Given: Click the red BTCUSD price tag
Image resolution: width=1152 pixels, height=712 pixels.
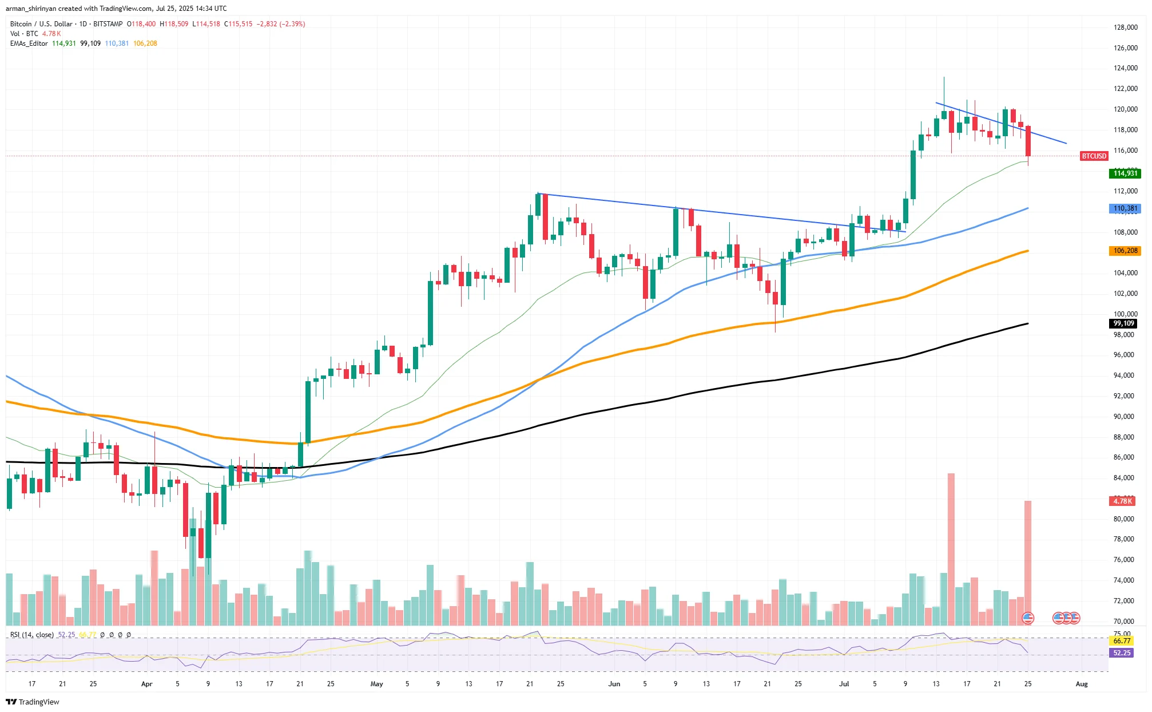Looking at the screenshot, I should pyautogui.click(x=1094, y=156).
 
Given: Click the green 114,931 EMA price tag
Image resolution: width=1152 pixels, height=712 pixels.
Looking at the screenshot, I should pyautogui.click(x=1125, y=173).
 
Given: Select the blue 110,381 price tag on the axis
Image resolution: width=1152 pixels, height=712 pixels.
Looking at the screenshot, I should pyautogui.click(x=1125, y=209).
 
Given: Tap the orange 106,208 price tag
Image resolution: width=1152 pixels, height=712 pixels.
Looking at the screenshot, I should pyautogui.click(x=1125, y=251).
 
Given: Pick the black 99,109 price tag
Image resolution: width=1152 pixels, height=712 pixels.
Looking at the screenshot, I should pyautogui.click(x=1123, y=323).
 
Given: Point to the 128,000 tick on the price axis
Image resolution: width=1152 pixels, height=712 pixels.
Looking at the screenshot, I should pyautogui.click(x=1125, y=27).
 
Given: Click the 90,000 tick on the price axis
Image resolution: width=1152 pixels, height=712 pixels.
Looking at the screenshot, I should pyautogui.click(x=1123, y=417).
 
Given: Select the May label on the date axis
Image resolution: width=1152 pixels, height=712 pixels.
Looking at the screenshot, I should pyautogui.click(x=376, y=684).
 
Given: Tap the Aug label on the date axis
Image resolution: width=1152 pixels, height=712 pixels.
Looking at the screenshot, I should pyautogui.click(x=1081, y=684).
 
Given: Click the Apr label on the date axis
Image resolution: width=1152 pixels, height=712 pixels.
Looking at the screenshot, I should pyautogui.click(x=146, y=684).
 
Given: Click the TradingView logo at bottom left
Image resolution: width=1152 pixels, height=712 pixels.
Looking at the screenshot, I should pyautogui.click(x=33, y=702).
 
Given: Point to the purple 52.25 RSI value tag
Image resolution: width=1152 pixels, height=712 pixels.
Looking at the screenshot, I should pyautogui.click(x=1122, y=653).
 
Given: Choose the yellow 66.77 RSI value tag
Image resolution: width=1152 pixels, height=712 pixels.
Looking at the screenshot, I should pyautogui.click(x=1122, y=641).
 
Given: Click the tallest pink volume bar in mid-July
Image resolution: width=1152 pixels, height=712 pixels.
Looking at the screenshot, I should pyautogui.click(x=951, y=549).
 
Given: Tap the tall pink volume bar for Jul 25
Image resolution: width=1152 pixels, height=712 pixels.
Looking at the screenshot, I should pyautogui.click(x=1028, y=561).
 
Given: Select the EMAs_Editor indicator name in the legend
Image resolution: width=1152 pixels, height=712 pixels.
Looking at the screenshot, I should pyautogui.click(x=29, y=43).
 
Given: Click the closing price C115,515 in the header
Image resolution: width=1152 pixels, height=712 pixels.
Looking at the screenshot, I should pyautogui.click(x=238, y=24).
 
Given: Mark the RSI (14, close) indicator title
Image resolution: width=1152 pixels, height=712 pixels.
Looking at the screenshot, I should pyautogui.click(x=32, y=635).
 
